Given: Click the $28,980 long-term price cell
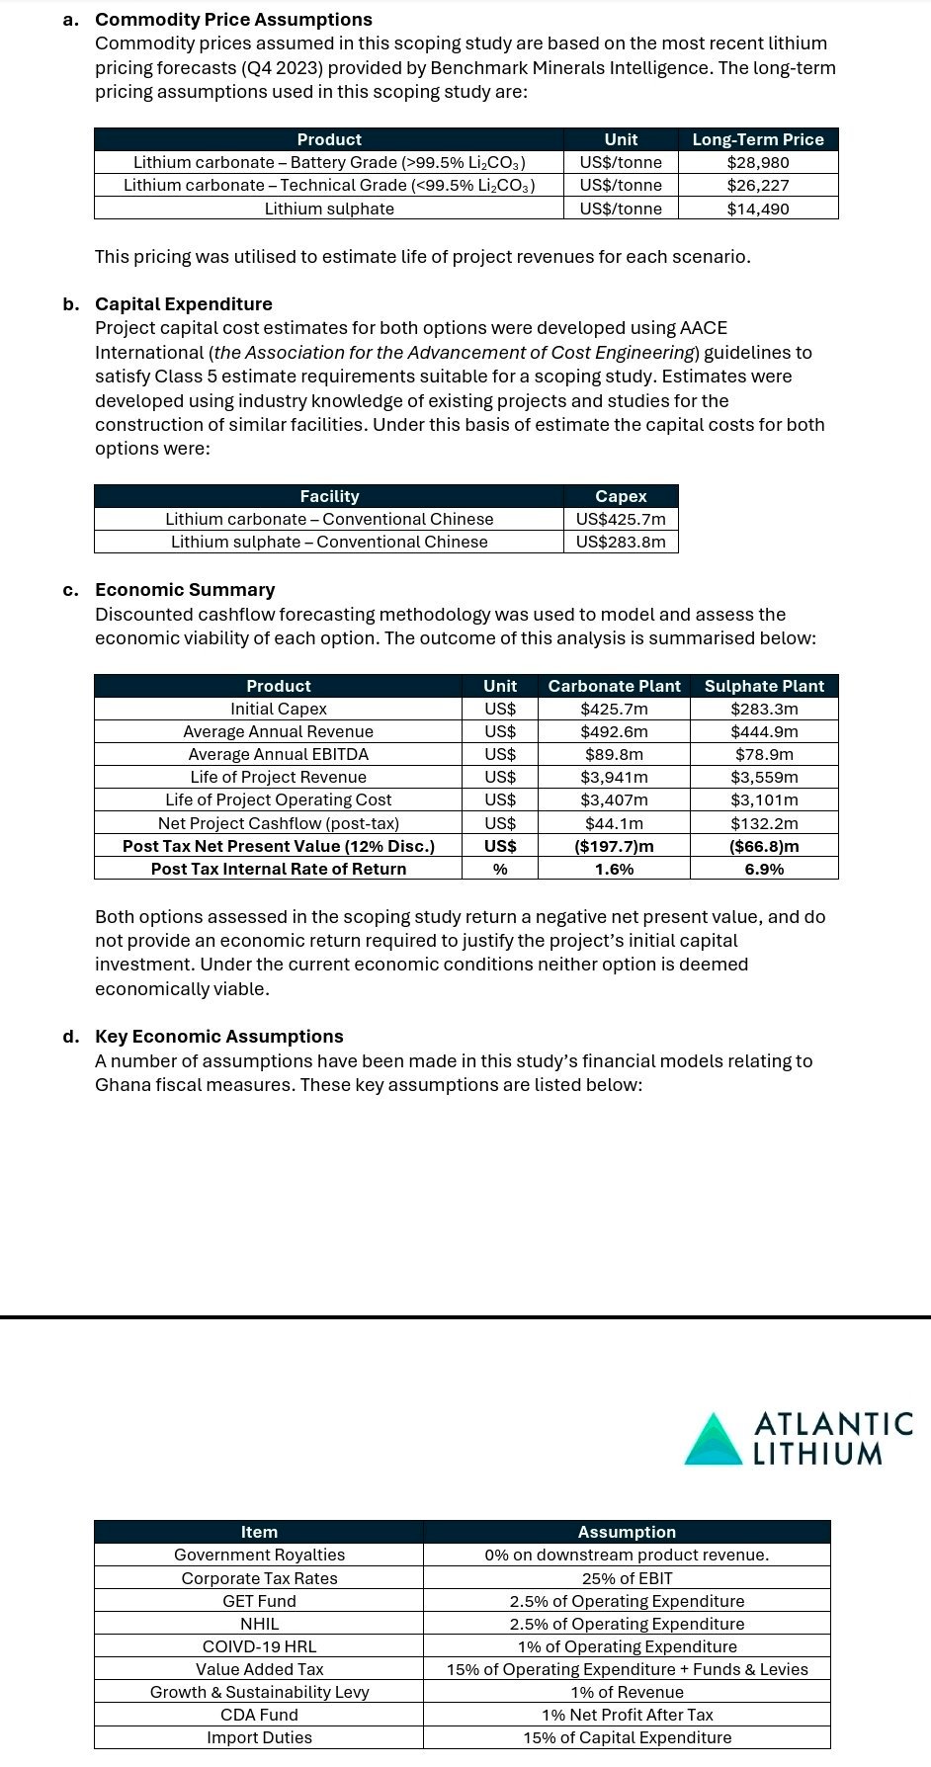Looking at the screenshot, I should click(x=758, y=162).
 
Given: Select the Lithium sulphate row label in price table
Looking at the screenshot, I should click(x=329, y=209).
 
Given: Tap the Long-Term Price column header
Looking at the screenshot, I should click(x=758, y=139).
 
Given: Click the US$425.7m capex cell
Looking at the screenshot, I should click(x=621, y=519).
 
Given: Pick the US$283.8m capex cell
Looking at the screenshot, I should click(x=621, y=542).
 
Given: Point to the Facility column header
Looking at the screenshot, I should click(x=329, y=496).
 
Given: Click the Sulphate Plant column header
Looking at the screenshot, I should click(x=764, y=686).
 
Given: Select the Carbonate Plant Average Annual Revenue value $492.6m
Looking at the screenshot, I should click(x=614, y=731).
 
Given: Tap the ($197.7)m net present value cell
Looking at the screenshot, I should click(x=614, y=846).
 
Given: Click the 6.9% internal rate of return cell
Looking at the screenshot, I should click(x=764, y=869).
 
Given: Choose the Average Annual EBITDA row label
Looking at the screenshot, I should click(x=278, y=754).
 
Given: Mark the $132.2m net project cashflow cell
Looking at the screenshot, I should click(x=764, y=823).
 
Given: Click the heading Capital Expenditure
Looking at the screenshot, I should click(x=184, y=304).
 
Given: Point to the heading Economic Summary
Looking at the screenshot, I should click(x=185, y=590).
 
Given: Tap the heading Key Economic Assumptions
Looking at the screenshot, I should click(x=219, y=1037).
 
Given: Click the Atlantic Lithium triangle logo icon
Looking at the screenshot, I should click(x=714, y=1439).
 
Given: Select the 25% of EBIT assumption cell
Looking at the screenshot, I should click(x=627, y=1578).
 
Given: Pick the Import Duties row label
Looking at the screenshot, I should click(x=259, y=1737).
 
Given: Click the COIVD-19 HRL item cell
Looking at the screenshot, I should click(x=259, y=1646).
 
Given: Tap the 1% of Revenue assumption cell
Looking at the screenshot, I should click(x=627, y=1692).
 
